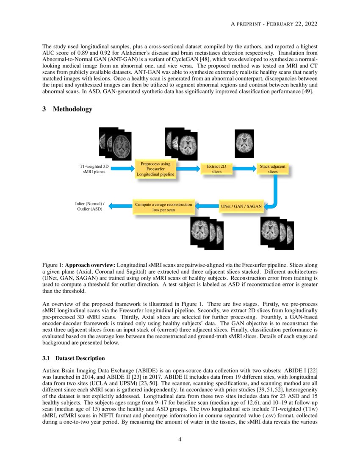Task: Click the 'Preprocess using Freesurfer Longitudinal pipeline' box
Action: [x=155, y=169]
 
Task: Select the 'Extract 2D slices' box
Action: [x=216, y=169]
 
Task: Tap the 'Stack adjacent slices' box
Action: [x=273, y=169]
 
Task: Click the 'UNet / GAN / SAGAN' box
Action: [x=242, y=207]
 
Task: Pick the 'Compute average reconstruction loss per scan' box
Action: [x=163, y=207]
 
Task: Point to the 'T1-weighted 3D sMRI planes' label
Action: [x=94, y=169]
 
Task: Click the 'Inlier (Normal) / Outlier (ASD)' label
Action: [x=89, y=206]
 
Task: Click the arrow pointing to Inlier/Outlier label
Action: [x=121, y=206]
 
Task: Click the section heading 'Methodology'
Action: [x=72, y=109]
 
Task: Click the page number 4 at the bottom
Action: [x=180, y=439]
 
